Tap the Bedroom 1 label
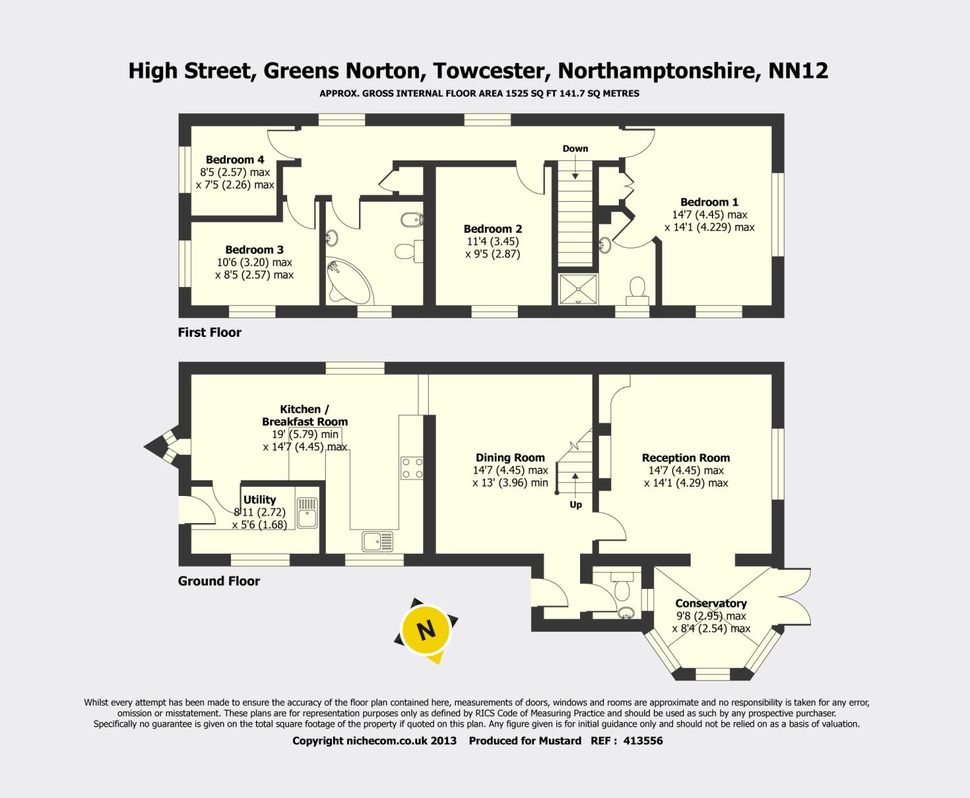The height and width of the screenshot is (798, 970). (709, 202)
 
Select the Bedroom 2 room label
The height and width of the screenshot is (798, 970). (493, 229)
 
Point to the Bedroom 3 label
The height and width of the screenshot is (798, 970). (254, 250)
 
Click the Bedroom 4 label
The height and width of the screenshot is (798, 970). (235, 160)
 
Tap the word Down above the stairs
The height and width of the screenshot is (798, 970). (575, 149)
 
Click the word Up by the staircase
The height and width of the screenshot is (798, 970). (576, 505)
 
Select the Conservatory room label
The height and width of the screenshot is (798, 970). (711, 603)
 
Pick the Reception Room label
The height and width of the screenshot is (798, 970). (686, 458)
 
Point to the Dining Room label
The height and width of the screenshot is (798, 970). (510, 458)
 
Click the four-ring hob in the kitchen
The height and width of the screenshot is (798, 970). (412, 468)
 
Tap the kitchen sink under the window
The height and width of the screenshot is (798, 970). (378, 541)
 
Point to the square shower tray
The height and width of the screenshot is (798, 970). (577, 288)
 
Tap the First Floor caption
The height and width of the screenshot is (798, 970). (210, 332)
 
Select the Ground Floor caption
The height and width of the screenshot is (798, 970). (219, 581)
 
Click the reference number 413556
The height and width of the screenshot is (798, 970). (643, 741)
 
